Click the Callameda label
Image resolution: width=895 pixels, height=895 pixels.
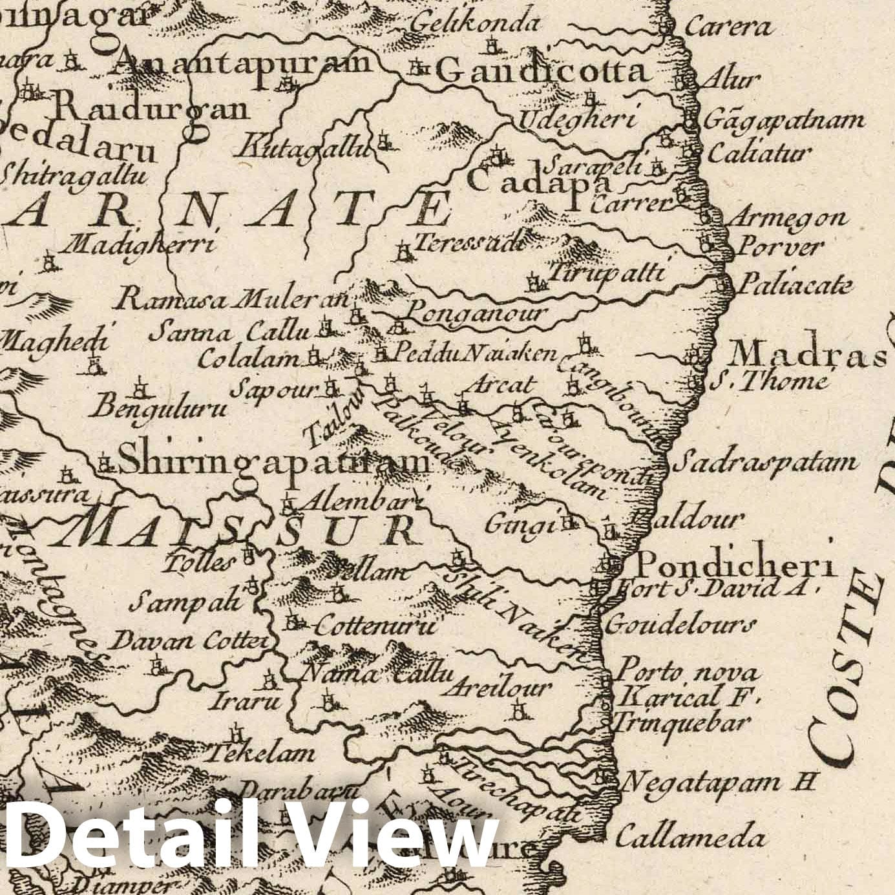[691, 839]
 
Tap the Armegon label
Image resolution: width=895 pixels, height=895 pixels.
[787, 218]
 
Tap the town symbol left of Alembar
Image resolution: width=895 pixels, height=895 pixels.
[289, 502]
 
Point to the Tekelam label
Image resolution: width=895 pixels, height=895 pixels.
[262, 753]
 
